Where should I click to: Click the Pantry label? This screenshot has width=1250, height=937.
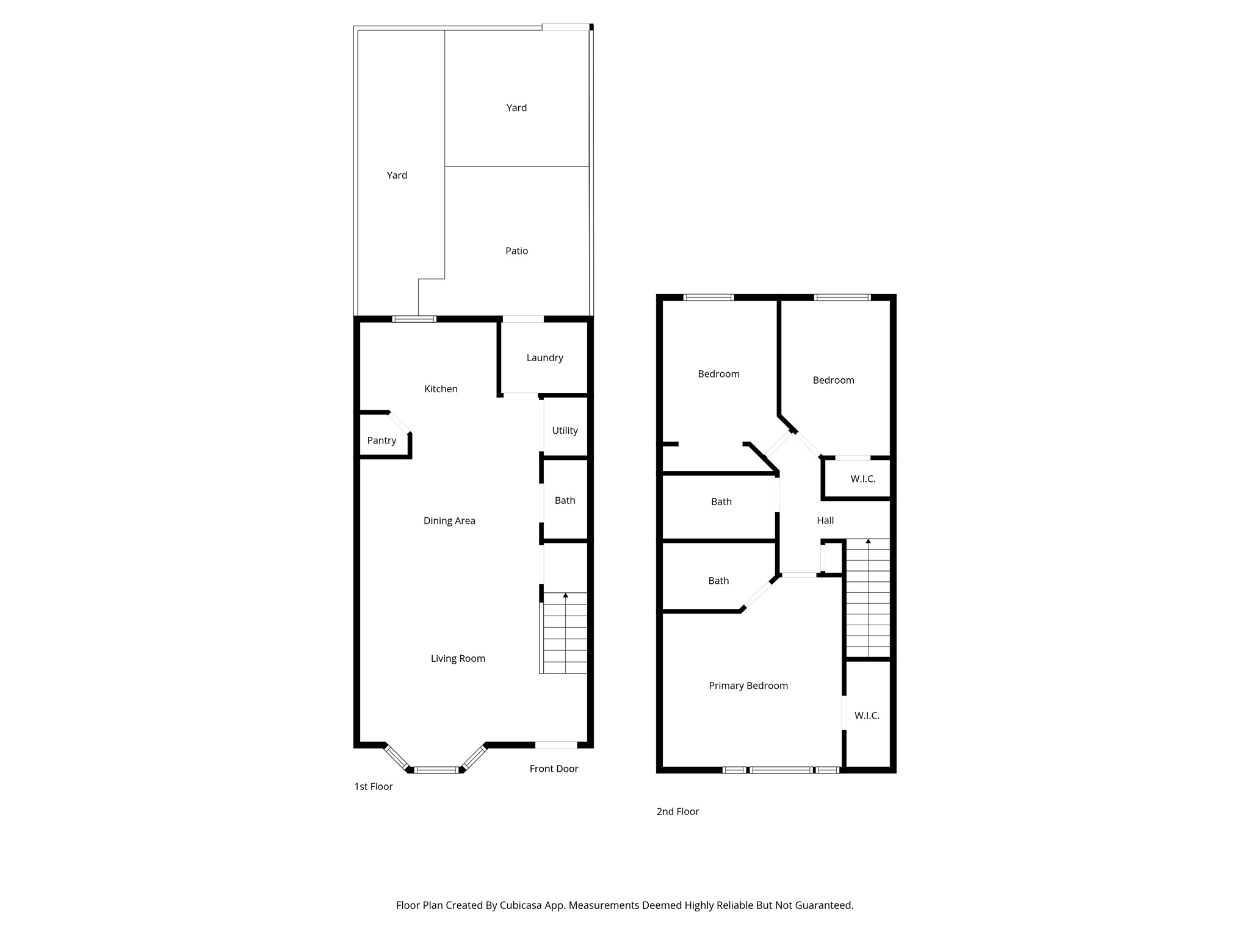[x=381, y=440]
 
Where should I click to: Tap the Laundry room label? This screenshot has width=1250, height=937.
[x=544, y=357]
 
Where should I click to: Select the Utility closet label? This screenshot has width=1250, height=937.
[x=565, y=430]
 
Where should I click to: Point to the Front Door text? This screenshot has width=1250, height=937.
[x=554, y=769]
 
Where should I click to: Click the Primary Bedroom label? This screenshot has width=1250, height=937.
[x=748, y=686]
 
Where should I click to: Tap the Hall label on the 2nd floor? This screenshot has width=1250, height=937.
[x=825, y=520]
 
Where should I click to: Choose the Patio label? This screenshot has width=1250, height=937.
[x=516, y=251]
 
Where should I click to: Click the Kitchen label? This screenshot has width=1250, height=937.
[x=441, y=389]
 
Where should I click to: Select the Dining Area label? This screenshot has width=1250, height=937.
[x=449, y=520]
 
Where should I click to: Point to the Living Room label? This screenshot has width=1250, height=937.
[x=458, y=658]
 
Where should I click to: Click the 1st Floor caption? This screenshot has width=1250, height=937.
[x=374, y=786]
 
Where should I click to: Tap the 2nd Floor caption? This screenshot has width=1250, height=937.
[x=677, y=811]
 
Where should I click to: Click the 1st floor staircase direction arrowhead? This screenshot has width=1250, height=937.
[x=566, y=595]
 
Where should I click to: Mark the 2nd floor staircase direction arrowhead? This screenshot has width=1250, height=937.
[x=868, y=541]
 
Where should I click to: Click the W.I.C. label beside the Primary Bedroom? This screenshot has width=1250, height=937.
[x=867, y=716]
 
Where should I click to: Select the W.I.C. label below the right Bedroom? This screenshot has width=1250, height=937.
[x=863, y=479]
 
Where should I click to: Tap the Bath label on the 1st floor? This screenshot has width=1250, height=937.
[x=565, y=500]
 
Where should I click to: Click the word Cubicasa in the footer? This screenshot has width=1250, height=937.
[x=522, y=905]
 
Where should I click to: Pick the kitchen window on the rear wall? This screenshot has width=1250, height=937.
[x=414, y=319]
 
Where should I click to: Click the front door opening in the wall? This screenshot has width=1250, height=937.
[x=555, y=745]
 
